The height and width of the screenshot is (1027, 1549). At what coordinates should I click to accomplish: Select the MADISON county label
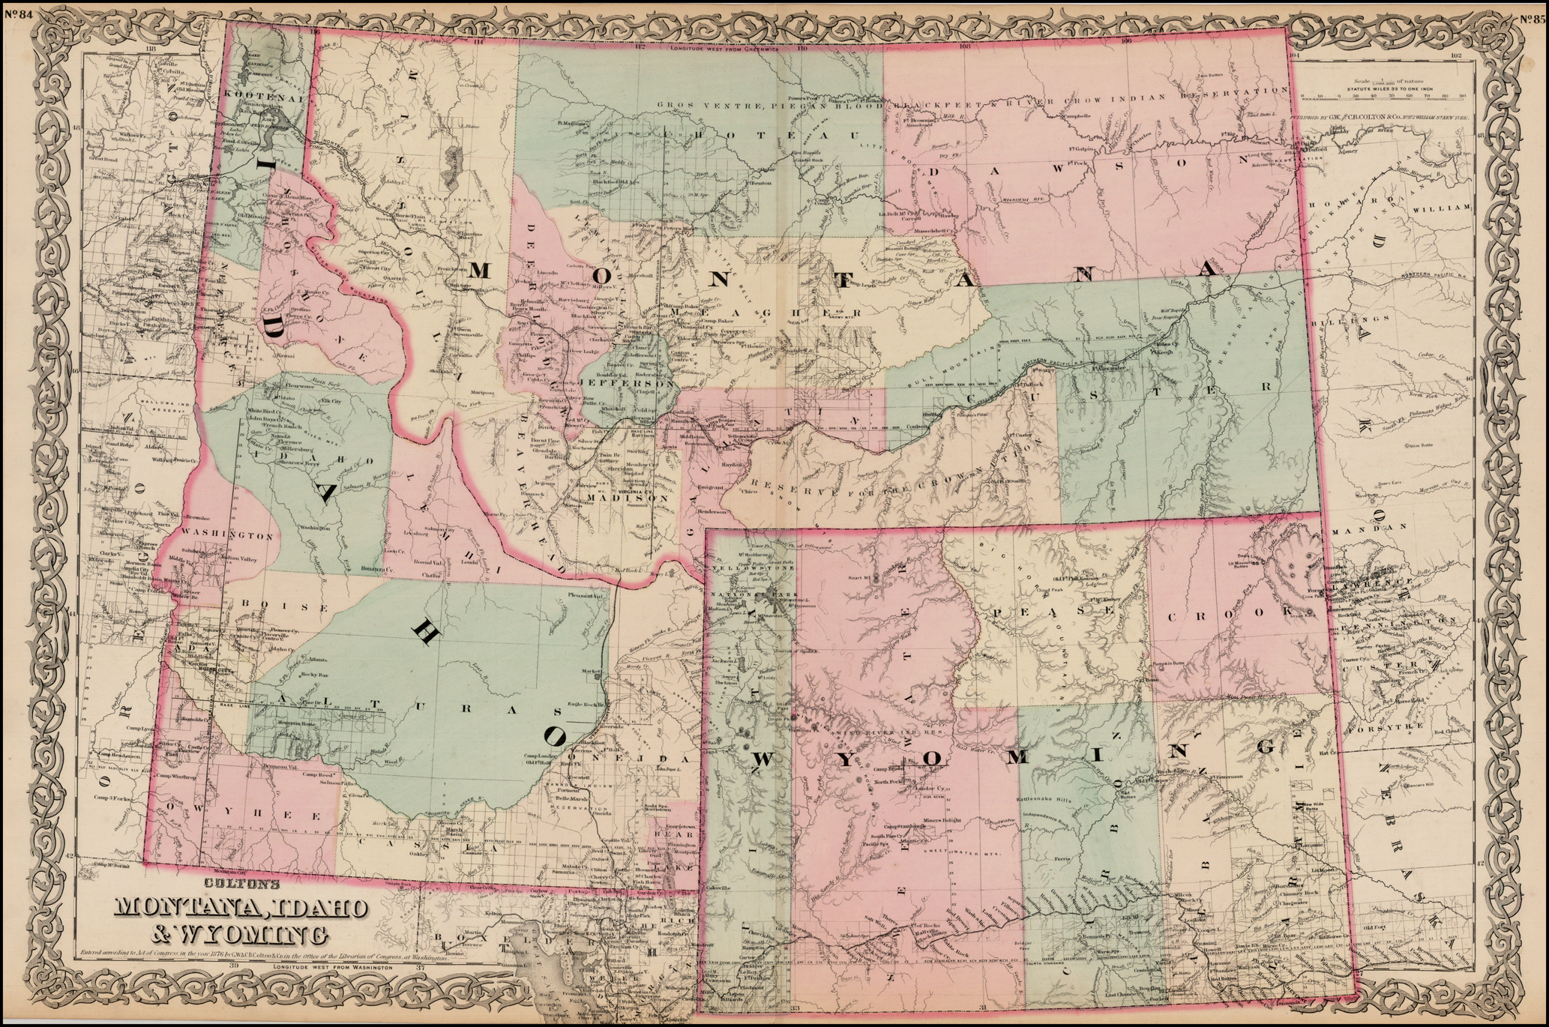tap(627, 498)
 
